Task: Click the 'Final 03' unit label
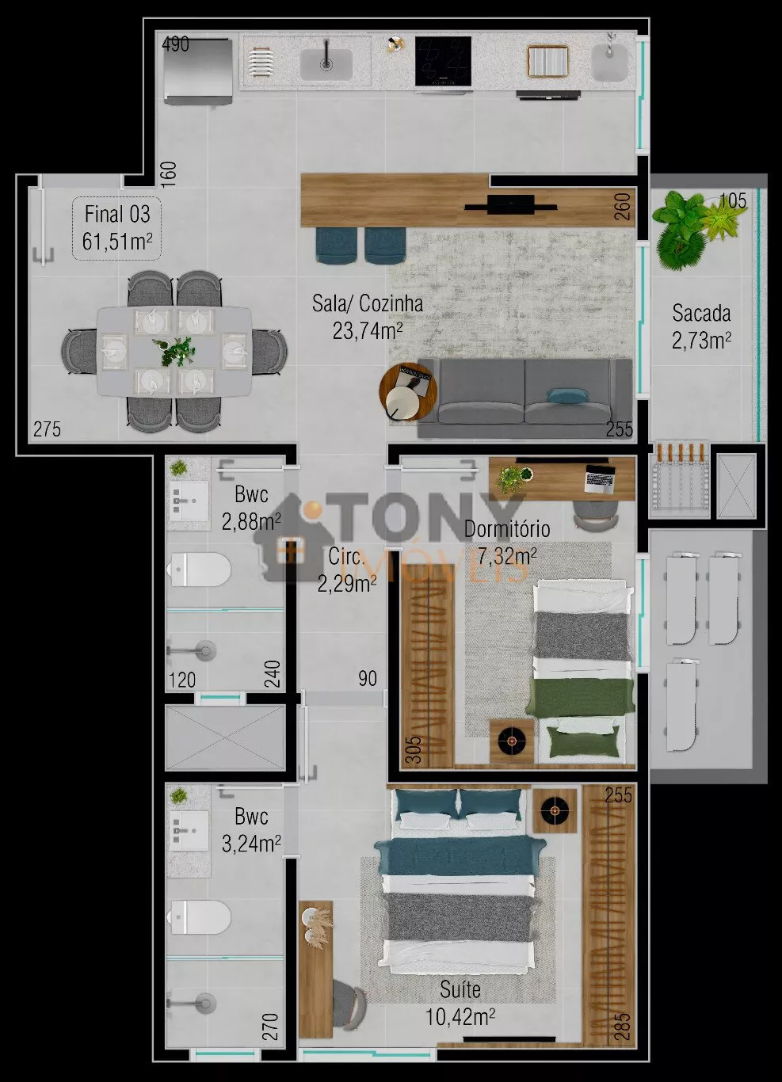click(x=117, y=215)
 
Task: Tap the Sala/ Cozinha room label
click(x=368, y=304)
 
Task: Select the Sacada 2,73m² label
click(x=701, y=327)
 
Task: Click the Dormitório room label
click(x=507, y=529)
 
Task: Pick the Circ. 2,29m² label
click(x=347, y=570)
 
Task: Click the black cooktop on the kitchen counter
click(x=443, y=62)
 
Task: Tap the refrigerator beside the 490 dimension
click(x=198, y=71)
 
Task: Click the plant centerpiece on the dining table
click(x=175, y=350)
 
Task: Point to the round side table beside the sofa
click(x=408, y=392)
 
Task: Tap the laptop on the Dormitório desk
click(x=600, y=478)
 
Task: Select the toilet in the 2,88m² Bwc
click(x=199, y=570)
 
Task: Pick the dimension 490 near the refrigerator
click(x=175, y=44)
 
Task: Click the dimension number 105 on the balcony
click(x=733, y=201)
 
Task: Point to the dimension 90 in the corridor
click(x=368, y=679)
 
